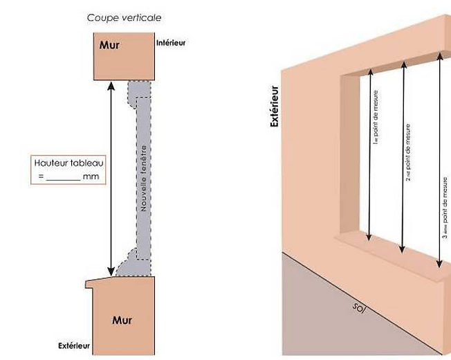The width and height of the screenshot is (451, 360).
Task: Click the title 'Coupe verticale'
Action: [124, 17]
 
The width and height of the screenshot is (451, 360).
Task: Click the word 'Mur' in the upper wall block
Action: [109, 46]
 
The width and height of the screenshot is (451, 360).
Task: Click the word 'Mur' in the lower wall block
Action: [122, 320]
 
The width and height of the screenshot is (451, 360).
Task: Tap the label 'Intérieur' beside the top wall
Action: [171, 43]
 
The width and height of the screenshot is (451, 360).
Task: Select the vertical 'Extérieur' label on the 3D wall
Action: [275, 107]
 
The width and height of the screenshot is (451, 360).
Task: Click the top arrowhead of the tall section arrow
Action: [111, 86]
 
